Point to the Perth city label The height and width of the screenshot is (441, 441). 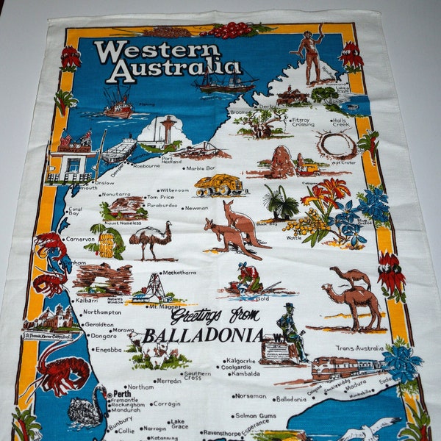[123, 393]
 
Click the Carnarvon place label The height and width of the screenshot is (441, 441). [80, 239]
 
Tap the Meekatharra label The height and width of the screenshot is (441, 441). [179, 272]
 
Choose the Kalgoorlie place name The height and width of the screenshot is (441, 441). [241, 361]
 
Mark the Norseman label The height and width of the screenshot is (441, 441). [251, 396]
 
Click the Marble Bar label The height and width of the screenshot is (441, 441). [200, 168]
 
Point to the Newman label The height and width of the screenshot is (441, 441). [196, 208]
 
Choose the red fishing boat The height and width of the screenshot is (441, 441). [118, 104]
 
